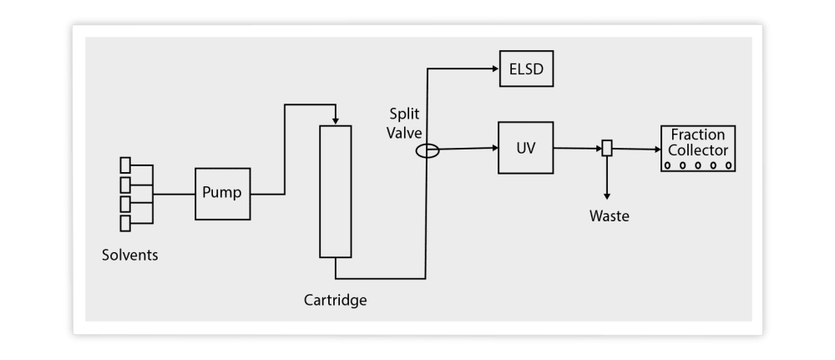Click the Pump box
pyautogui.click(x=222, y=193)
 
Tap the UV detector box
pyautogui.click(x=525, y=148)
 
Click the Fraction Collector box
pyautogui.click(x=698, y=149)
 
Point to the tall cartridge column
pyautogui.click(x=335, y=191)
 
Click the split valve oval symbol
pyautogui.click(x=427, y=151)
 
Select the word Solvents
pyautogui.click(x=129, y=255)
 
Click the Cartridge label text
pyautogui.click(x=335, y=299)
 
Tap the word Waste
pyautogui.click(x=610, y=216)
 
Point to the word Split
pyautogui.click(x=405, y=113)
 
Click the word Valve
pyautogui.click(x=405, y=132)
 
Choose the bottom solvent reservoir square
pyautogui.click(x=125, y=224)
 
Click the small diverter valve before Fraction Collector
pyautogui.click(x=607, y=148)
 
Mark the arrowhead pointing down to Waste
pyautogui.click(x=607, y=194)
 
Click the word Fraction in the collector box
pyautogui.click(x=698, y=134)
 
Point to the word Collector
pyautogui.click(x=698, y=150)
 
